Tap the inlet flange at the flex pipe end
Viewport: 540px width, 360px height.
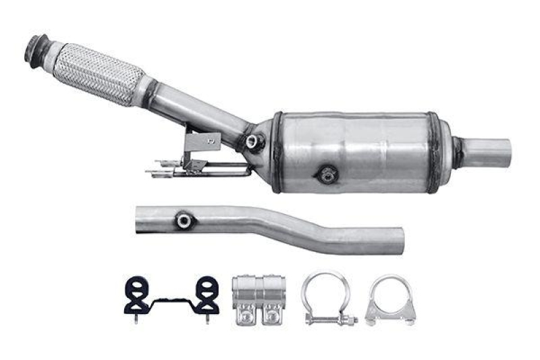click(35, 51)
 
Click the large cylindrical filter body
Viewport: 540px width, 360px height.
click(364, 152)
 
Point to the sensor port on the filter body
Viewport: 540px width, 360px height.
click(327, 175)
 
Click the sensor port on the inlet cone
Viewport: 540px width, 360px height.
click(254, 142)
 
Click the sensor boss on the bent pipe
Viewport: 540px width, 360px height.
click(183, 220)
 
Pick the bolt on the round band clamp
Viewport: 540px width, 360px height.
click(331, 318)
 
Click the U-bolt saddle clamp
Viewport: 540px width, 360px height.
click(389, 300)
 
